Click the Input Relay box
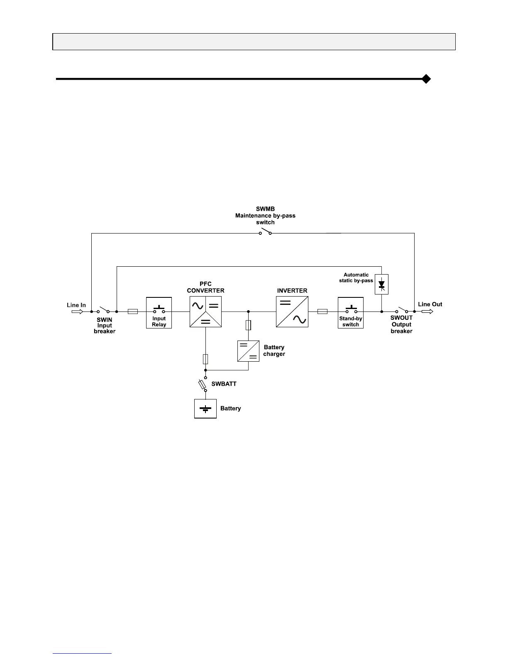[x=159, y=313]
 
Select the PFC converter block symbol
[x=205, y=311]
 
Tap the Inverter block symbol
[x=292, y=311]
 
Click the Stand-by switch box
[x=351, y=313]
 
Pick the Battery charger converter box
[x=248, y=351]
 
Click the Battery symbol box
[x=205, y=409]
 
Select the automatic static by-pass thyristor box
[x=381, y=285]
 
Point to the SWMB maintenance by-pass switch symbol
[x=265, y=232]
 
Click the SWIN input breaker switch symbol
[x=103, y=311]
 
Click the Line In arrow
[x=77, y=311]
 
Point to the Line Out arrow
[x=427, y=311]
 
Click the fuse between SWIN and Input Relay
[x=133, y=311]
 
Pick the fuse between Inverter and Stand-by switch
[x=322, y=311]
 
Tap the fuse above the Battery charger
[x=248, y=325]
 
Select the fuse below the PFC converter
[x=205, y=359]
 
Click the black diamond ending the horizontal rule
[x=426, y=79]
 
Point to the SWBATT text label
[x=224, y=384]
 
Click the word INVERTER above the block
[x=292, y=291]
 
